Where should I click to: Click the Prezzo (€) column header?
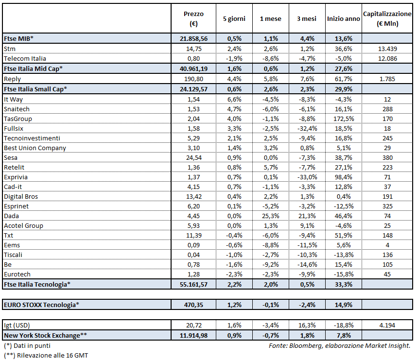point(194,19)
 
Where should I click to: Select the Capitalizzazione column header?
point(387,19)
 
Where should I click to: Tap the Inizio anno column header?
point(344,19)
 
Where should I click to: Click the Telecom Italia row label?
point(25,59)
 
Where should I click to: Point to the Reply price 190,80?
point(194,79)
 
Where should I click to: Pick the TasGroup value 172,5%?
point(344,118)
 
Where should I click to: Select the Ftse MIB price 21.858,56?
point(194,38)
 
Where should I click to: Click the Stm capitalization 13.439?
point(387,49)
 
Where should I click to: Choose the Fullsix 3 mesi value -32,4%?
point(307,128)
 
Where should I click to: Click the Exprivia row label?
point(16,177)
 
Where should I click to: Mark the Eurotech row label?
point(17,274)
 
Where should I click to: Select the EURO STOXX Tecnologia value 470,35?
point(194,305)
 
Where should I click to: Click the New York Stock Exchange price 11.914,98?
point(194,335)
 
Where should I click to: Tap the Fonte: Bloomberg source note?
point(339,345)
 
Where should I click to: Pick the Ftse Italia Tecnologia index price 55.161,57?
point(194,284)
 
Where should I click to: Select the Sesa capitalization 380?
point(387,157)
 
